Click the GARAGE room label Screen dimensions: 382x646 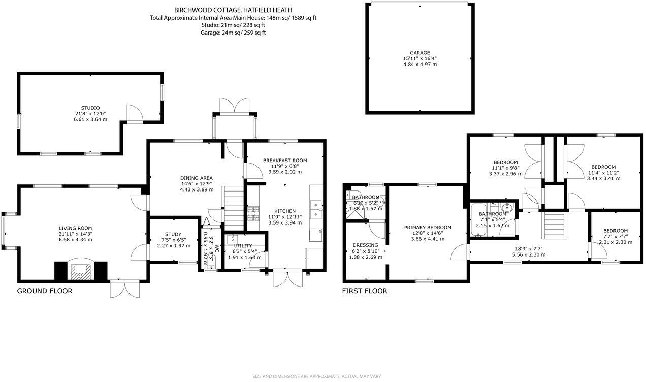click(419, 52)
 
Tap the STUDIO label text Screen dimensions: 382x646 click(91, 108)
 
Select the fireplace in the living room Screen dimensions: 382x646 click(81, 271)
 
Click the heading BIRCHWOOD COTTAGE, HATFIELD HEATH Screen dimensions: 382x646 click(233, 10)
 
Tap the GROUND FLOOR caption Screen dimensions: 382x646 click(45, 291)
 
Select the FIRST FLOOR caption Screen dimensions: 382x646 click(364, 291)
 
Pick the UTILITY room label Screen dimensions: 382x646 click(242, 245)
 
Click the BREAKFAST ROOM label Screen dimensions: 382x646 click(284, 161)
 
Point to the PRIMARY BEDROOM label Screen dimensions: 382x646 click(427, 227)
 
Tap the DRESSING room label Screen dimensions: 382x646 click(365, 245)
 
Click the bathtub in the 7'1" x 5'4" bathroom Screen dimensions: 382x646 click(478, 221)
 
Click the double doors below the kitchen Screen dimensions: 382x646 click(287, 279)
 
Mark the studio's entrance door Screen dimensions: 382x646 click(134, 114)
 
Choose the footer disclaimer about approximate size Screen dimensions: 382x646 click(322, 376)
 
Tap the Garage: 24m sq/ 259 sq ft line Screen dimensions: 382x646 click(233, 33)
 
